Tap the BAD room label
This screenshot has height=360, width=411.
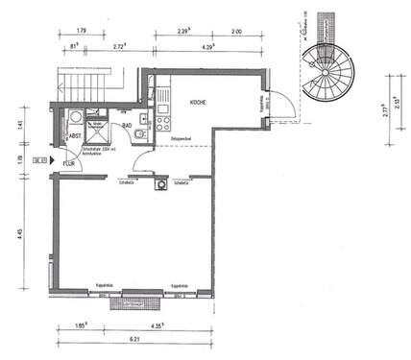126,125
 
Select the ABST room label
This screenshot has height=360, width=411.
74,136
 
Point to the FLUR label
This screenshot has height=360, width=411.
68,164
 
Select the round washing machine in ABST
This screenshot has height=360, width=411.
75,119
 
